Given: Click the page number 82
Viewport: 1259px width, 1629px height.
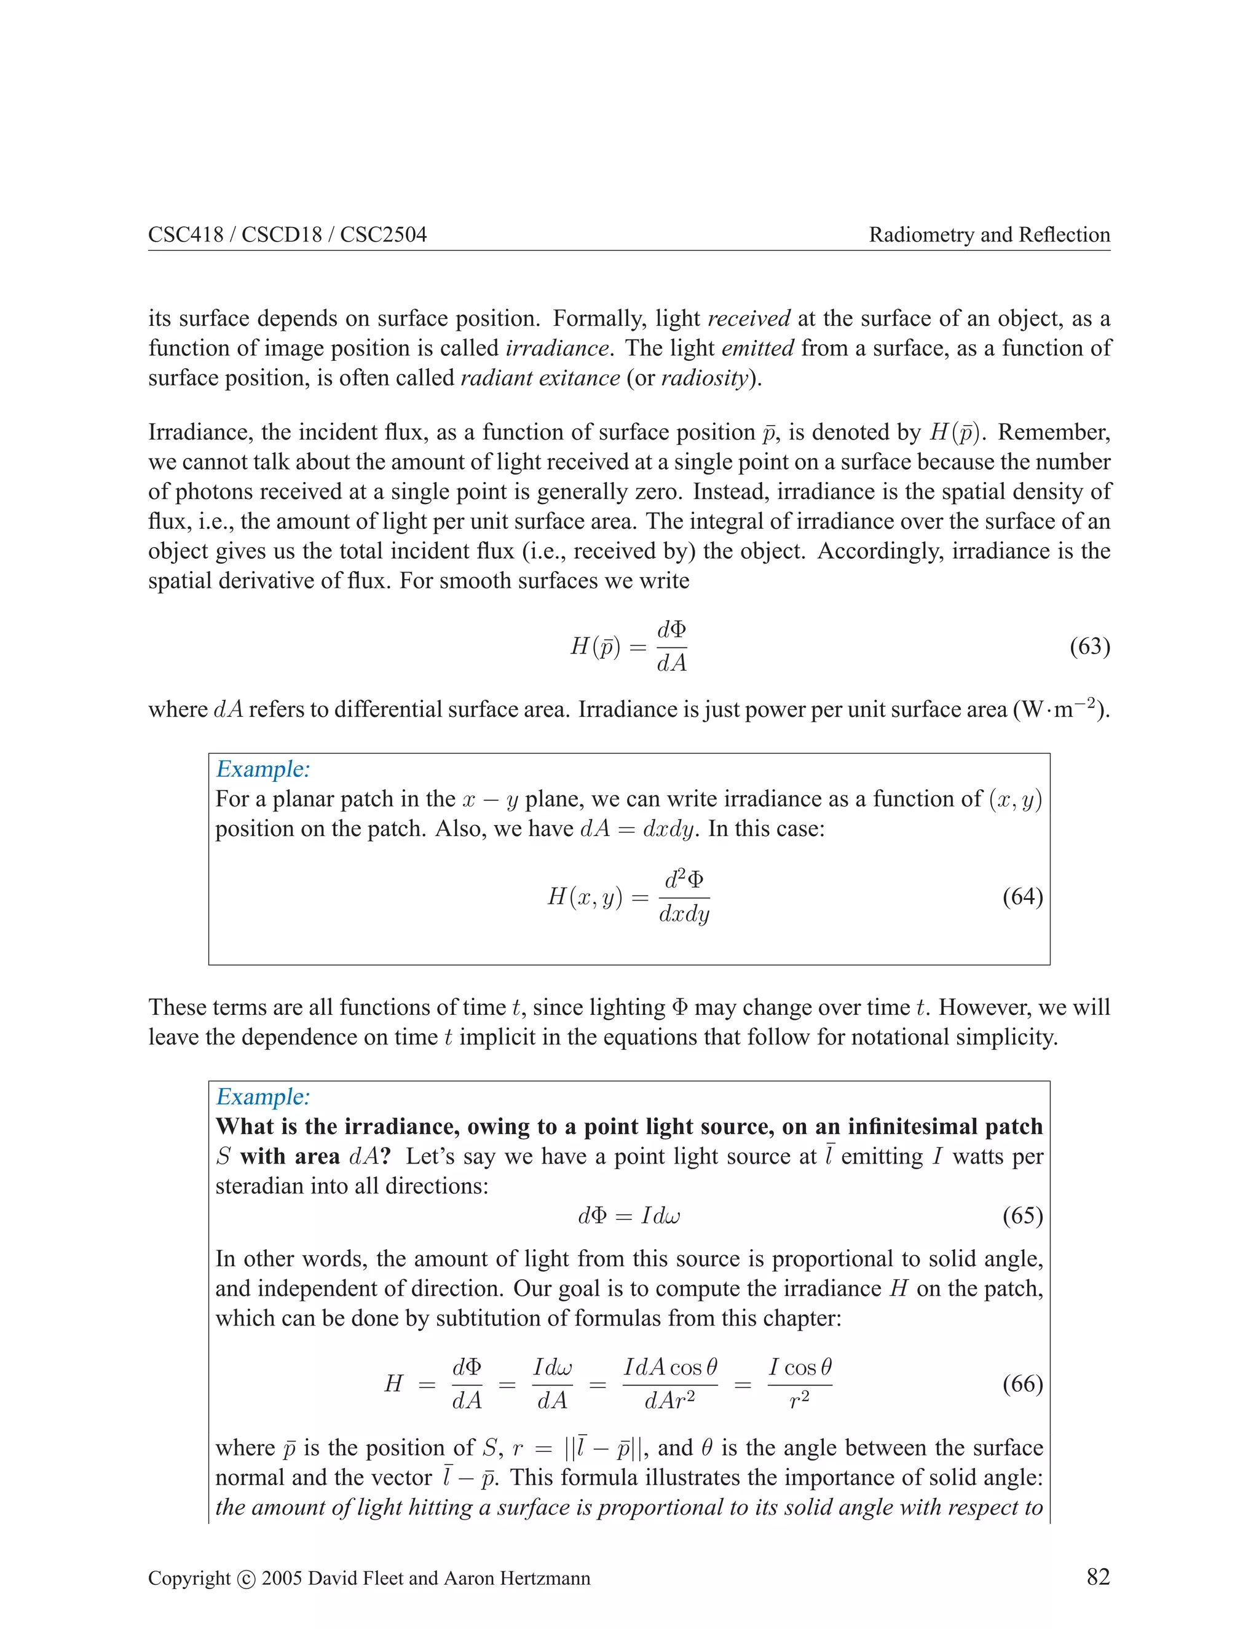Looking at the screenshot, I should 1098,1577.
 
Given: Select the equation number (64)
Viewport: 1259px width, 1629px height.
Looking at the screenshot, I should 1022,896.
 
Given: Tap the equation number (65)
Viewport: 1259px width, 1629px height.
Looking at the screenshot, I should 1022,1216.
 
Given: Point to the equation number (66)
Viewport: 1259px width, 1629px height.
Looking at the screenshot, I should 1022,1384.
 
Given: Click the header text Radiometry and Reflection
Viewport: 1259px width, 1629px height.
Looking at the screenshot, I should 989,235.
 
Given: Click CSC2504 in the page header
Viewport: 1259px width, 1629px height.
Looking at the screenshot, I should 384,235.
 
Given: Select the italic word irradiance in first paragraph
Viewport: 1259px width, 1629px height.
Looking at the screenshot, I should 556,349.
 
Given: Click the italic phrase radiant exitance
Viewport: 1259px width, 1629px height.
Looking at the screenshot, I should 540,378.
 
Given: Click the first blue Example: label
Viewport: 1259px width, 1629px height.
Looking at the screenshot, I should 262,769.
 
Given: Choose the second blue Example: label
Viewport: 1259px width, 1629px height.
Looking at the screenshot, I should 262,1097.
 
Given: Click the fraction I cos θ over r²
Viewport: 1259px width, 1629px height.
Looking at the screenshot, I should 800,1384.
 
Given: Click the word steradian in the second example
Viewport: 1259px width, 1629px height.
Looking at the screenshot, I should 259,1186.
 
